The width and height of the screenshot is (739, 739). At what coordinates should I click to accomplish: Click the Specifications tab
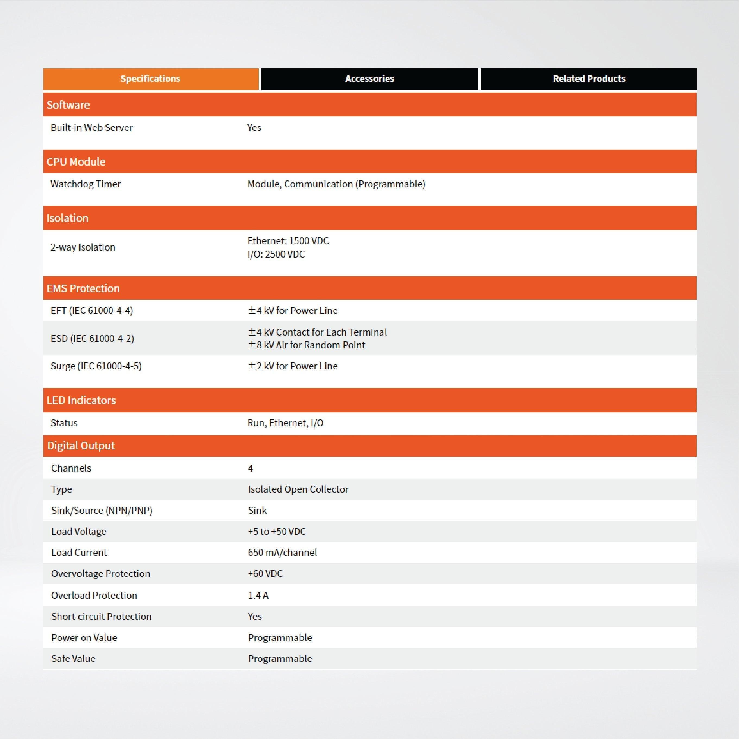[x=150, y=79]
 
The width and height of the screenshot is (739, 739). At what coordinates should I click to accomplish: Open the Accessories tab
[x=369, y=79]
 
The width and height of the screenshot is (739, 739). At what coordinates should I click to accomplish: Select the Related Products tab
[x=589, y=79]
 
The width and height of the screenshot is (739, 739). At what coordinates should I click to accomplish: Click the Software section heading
[x=68, y=105]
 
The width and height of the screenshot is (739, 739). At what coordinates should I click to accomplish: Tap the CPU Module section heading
[x=76, y=162]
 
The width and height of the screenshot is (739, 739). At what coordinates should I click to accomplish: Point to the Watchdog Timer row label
[x=86, y=184]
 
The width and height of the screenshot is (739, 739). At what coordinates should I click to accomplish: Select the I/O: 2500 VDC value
[x=276, y=254]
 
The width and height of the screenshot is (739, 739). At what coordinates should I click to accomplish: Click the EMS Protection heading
[x=83, y=288]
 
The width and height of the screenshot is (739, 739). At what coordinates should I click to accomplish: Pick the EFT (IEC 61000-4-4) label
[x=92, y=310]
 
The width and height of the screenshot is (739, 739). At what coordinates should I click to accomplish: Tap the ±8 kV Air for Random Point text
[x=307, y=345]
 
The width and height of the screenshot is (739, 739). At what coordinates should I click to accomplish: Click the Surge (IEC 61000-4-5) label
[x=96, y=366]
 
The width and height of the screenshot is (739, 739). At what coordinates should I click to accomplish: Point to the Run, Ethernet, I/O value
[x=285, y=423]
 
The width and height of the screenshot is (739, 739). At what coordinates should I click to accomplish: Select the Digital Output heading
[x=81, y=446]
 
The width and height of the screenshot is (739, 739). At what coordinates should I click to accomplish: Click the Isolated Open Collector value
[x=298, y=489]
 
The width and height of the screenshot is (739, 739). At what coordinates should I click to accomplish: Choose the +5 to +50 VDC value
[x=277, y=531]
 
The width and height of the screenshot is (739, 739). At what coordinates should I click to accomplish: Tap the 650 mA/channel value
[x=282, y=553]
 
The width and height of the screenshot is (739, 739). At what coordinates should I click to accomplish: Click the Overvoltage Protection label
[x=101, y=574]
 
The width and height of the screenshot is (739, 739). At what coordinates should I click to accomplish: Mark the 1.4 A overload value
[x=258, y=596]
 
